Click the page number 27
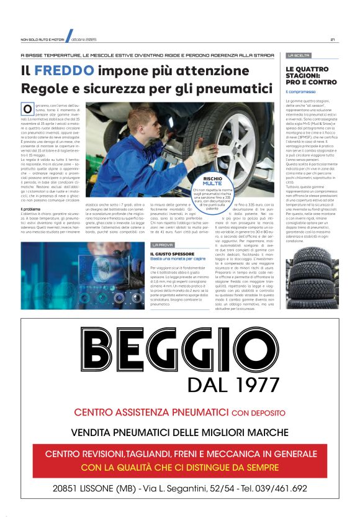click(333, 40)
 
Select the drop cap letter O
click(27, 109)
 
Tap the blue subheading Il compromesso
click(300, 91)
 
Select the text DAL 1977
click(230, 385)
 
